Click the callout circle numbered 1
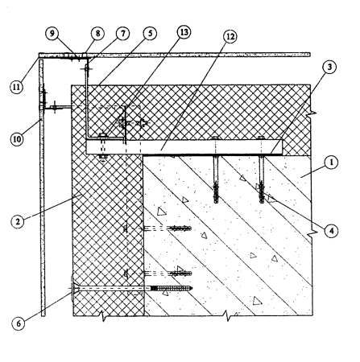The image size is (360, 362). pyautogui.click(x=332, y=162)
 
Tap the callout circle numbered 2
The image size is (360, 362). pyautogui.click(x=18, y=222)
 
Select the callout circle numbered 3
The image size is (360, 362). pyautogui.click(x=329, y=67)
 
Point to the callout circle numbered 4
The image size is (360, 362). pyautogui.click(x=332, y=230)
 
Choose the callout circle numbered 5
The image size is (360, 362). pyautogui.click(x=150, y=34)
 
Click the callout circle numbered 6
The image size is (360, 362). pyautogui.click(x=19, y=323)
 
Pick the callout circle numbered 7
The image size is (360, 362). pyautogui.click(x=122, y=34)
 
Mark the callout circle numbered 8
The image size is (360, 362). pyautogui.click(x=97, y=34)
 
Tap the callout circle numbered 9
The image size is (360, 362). pyautogui.click(x=52, y=34)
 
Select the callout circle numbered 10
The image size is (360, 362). pyautogui.click(x=17, y=139)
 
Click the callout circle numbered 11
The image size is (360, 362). pyautogui.click(x=17, y=87)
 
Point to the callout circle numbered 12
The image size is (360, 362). pyautogui.click(x=230, y=36)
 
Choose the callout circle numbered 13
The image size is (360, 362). pyautogui.click(x=184, y=32)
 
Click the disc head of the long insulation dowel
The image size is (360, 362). pyautogui.click(x=72, y=289)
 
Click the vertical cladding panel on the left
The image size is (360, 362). pyautogui.click(x=42, y=187)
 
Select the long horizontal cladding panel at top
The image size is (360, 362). pyautogui.click(x=175, y=55)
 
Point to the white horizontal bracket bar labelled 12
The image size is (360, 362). pyautogui.click(x=184, y=147)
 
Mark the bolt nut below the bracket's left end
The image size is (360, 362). pyautogui.click(x=102, y=157)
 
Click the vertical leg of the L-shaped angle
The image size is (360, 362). pyautogui.click(x=86, y=99)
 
